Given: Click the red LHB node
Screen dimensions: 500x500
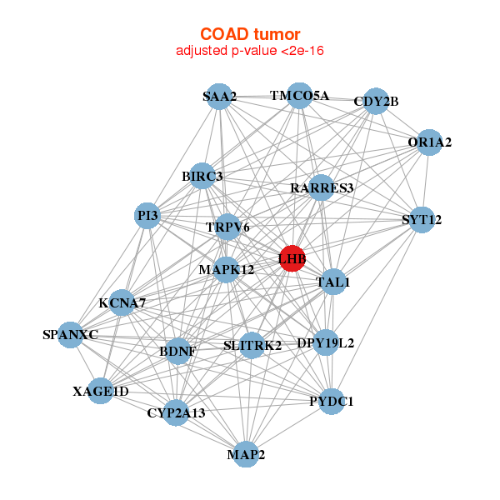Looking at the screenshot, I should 292,258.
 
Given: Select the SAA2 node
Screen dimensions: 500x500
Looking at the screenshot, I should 218,97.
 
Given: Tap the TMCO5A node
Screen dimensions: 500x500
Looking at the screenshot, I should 298,95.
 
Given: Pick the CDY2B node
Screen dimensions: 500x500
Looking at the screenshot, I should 375,102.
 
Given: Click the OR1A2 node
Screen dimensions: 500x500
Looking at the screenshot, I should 429,142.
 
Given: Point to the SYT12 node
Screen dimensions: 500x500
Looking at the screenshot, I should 422,220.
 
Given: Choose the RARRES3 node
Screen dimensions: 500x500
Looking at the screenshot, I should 322,188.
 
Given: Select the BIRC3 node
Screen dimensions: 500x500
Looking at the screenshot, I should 202,177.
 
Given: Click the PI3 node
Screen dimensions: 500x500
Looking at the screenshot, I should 148,217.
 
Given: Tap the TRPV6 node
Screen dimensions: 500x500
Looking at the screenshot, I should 227,227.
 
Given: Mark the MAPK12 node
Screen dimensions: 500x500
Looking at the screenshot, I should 226,270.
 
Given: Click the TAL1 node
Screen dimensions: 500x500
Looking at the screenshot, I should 333,282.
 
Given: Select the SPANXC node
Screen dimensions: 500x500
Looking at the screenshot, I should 72,335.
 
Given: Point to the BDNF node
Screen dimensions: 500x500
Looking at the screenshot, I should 178,351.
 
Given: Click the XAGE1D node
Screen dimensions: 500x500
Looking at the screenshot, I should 101,391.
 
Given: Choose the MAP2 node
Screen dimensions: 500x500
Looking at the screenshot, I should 246,454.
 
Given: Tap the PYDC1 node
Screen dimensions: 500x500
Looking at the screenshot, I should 332,402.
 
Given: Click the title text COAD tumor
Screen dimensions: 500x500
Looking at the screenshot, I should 250,34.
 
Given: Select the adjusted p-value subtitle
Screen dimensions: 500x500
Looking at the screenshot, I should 250,51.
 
